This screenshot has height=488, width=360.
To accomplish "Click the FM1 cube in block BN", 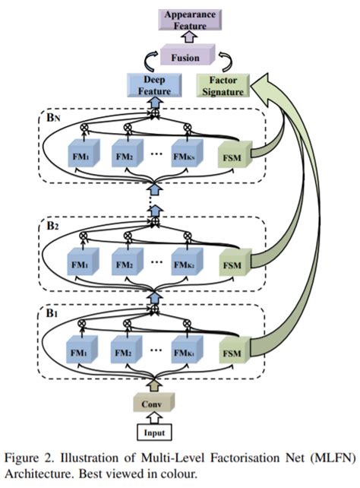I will click(81, 154).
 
